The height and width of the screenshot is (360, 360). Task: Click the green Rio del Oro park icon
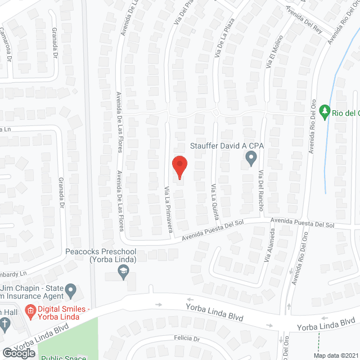(x=324, y=112)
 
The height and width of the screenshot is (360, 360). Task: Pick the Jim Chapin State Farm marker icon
(x=71, y=290)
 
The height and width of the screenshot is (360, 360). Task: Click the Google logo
(x=19, y=353)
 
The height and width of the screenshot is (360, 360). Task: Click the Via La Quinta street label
(x=214, y=196)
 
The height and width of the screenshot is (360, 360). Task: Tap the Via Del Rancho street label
(x=261, y=191)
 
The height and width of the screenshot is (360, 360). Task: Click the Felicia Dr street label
(x=187, y=339)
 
